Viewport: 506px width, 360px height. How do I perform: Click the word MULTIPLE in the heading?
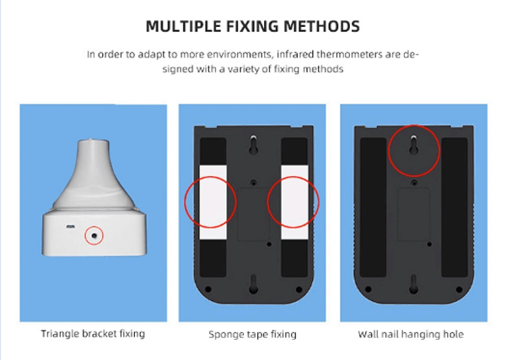point(183,26)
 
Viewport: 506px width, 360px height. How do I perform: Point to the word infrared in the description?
point(295,54)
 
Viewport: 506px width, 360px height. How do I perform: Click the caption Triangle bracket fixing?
point(93,334)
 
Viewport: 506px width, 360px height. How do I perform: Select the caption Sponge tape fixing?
point(252,335)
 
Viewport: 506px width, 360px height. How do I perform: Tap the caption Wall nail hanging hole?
point(411,334)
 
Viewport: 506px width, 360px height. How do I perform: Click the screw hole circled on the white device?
point(94,236)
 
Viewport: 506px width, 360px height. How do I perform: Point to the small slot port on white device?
point(70,227)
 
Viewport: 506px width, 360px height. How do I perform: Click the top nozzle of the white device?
point(94,143)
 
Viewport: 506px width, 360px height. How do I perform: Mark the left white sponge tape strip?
point(213,202)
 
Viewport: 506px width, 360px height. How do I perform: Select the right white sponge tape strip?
point(294,202)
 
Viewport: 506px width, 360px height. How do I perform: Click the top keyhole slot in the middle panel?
point(253,145)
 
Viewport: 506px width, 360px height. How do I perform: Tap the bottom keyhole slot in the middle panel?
point(253,284)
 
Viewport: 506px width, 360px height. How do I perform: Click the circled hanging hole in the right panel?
point(414,145)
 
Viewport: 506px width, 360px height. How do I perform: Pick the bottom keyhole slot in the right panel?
point(414,284)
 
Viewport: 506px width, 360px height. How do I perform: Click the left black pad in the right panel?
point(373,207)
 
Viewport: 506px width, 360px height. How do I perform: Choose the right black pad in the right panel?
point(455,207)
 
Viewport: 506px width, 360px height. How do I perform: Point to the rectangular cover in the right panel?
point(413,214)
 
